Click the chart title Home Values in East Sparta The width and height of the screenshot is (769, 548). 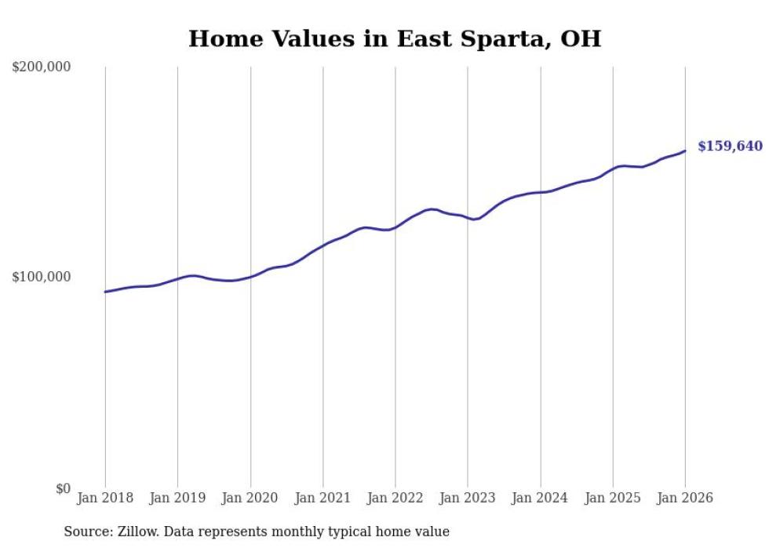(394, 38)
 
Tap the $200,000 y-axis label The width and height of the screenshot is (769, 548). (42, 67)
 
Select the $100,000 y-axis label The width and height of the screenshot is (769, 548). (42, 278)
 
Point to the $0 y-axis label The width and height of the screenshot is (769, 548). (62, 489)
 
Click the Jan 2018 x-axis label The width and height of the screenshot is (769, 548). (105, 498)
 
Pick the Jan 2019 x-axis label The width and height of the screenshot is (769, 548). (177, 498)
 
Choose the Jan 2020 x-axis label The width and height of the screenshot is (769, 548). (250, 498)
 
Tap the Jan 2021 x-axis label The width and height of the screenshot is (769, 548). (323, 498)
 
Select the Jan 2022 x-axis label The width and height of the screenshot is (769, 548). (395, 498)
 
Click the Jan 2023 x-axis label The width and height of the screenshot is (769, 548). (468, 498)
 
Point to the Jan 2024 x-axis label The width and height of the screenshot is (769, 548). (540, 498)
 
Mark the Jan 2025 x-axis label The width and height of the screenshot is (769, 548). (613, 498)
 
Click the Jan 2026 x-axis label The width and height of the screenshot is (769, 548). (685, 498)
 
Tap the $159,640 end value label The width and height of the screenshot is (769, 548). (730, 147)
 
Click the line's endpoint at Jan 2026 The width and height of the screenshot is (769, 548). (685, 151)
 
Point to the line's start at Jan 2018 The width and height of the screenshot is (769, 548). (105, 292)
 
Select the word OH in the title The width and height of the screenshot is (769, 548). (580, 38)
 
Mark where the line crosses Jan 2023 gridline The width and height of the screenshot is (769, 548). (468, 218)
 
